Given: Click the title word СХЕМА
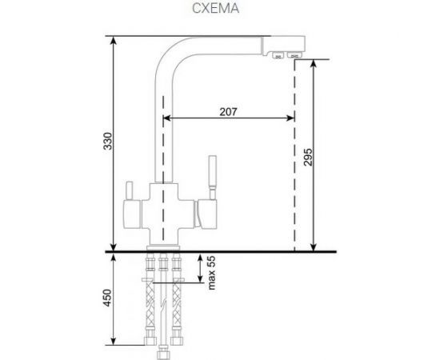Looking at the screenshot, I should pyautogui.click(x=217, y=10).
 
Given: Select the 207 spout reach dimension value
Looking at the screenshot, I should pyautogui.click(x=227, y=112).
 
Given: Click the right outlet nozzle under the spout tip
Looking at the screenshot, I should pyautogui.click(x=294, y=56).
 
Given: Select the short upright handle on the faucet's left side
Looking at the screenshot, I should pyautogui.click(x=128, y=190).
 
